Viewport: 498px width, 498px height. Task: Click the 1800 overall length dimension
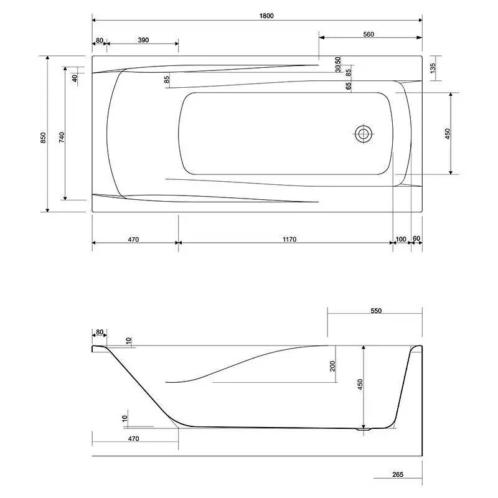pyautogui.click(x=266, y=16)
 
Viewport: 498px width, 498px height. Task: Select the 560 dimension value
pyautogui.click(x=369, y=34)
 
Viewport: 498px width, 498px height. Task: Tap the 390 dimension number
pyautogui.click(x=143, y=40)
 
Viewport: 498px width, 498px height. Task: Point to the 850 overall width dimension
pyautogui.click(x=43, y=138)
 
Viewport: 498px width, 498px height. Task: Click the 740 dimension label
pyautogui.click(x=62, y=137)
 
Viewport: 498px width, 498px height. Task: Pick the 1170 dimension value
pyautogui.click(x=289, y=239)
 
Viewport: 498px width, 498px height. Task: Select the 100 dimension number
pyautogui.click(x=401, y=239)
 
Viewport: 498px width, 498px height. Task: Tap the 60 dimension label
pyautogui.click(x=416, y=238)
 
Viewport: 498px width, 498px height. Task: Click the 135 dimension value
pyautogui.click(x=433, y=68)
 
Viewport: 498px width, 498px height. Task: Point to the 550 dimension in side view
pyautogui.click(x=376, y=311)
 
